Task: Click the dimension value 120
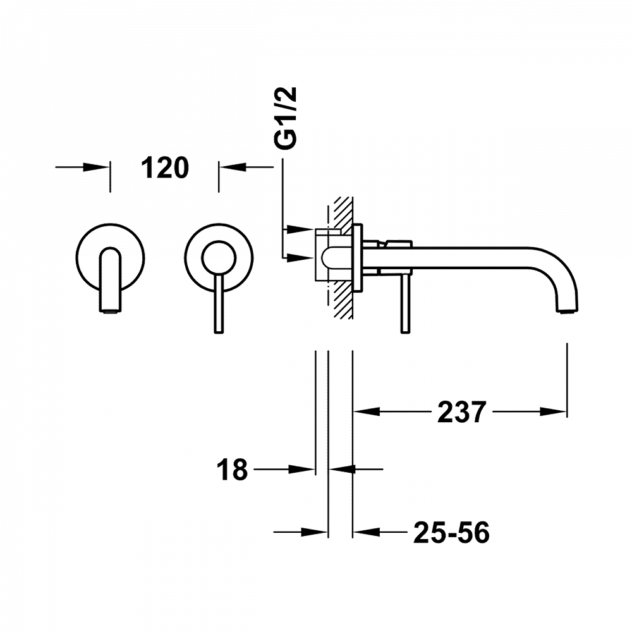click(x=165, y=168)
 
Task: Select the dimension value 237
click(x=461, y=412)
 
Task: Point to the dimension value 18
click(x=232, y=470)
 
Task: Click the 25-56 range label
click(x=451, y=532)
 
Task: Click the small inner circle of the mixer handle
click(x=219, y=258)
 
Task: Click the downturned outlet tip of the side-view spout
click(x=568, y=310)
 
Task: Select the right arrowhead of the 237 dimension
click(x=554, y=411)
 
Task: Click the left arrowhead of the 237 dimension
click(x=367, y=411)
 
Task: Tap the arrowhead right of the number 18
click(x=301, y=469)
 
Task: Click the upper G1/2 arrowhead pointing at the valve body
click(x=300, y=229)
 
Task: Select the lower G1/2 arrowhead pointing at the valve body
click(x=300, y=257)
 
